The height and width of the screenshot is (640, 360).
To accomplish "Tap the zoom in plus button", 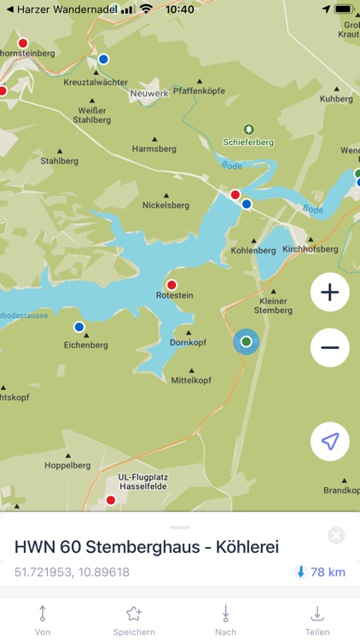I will pyautogui.click(x=330, y=293).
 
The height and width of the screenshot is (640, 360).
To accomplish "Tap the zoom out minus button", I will pyautogui.click(x=330, y=347).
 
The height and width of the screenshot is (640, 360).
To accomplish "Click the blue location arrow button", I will pyautogui.click(x=330, y=441).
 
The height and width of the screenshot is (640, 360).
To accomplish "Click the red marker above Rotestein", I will pyautogui.click(x=171, y=285).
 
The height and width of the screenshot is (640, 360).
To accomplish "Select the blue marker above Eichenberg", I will pyautogui.click(x=79, y=327).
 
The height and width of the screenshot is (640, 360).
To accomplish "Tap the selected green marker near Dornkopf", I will pyautogui.click(x=247, y=341).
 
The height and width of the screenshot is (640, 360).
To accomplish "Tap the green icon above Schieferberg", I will pyautogui.click(x=248, y=128).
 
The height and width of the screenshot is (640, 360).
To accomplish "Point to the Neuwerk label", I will pyautogui.click(x=149, y=93).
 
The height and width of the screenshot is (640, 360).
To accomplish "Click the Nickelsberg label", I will pyautogui.click(x=165, y=205).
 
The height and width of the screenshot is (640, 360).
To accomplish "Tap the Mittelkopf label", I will pyautogui.click(x=191, y=380).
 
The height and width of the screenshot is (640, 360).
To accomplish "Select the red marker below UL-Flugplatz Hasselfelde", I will pyautogui.click(x=110, y=500).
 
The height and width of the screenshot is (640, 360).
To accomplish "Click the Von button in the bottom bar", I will pyautogui.click(x=43, y=619).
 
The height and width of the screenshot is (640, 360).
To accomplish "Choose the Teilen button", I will pyautogui.click(x=316, y=619).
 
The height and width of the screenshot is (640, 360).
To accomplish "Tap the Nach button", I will pyautogui.click(x=225, y=619).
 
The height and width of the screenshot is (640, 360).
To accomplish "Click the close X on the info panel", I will pyautogui.click(x=336, y=536).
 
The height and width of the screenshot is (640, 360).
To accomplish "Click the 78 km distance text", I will pyautogui.click(x=328, y=572).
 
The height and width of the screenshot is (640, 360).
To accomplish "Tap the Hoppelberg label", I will pyautogui.click(x=67, y=466).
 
